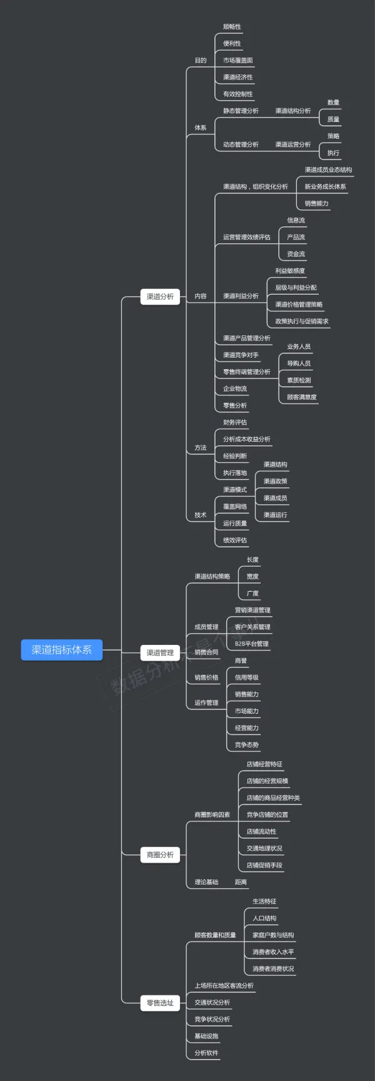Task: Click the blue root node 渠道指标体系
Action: click(61, 650)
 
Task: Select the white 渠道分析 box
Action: click(160, 297)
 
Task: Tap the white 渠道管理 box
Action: click(160, 652)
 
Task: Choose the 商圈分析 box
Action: click(160, 855)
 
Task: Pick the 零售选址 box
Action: click(160, 1003)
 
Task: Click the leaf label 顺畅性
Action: click(232, 27)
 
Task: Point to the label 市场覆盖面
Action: click(238, 61)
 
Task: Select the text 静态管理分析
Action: click(241, 111)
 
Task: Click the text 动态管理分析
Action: click(241, 145)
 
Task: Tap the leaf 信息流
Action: click(296, 220)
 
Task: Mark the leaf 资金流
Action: click(296, 254)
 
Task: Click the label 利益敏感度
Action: click(290, 271)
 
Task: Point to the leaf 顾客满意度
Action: click(302, 397)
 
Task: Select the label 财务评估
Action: click(235, 422)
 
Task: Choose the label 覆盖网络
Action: click(235, 507)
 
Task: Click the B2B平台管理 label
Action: click(252, 644)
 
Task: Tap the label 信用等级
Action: click(246, 678)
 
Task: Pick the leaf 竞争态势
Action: click(246, 745)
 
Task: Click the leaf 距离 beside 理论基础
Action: click(241, 882)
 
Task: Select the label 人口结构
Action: click(264, 918)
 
